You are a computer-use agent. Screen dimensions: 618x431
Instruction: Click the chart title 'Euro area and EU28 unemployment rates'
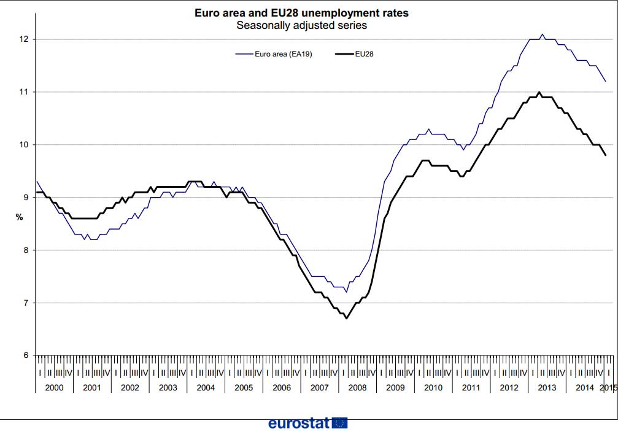[301, 13]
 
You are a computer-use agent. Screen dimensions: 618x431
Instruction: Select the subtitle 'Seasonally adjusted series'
[301, 26]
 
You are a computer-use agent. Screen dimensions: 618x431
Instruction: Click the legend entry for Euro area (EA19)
[274, 54]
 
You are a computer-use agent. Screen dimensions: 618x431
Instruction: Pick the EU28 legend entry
[354, 54]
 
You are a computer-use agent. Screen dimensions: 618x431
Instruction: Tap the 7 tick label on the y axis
[26, 303]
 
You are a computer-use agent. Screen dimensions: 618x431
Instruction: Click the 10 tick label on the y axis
[24, 145]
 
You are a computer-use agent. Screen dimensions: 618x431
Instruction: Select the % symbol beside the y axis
[19, 217]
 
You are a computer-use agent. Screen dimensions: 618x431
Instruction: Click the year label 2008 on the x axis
[357, 387]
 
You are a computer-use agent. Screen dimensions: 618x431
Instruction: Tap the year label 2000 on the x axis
[55, 387]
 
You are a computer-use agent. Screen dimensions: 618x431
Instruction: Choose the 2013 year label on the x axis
[547, 387]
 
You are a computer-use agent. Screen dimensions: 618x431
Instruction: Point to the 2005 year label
[244, 387]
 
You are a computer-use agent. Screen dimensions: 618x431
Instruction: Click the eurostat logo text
[299, 423]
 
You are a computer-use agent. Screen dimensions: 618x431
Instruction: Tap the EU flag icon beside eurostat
[340, 423]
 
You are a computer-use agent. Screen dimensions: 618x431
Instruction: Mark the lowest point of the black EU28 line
[347, 318]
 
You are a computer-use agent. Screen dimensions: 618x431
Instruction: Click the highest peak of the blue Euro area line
[543, 34]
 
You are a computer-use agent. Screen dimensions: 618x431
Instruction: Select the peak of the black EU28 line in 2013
[539, 92]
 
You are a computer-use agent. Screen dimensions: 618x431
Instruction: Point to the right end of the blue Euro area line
[605, 81]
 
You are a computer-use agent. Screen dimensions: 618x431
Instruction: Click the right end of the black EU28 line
[605, 155]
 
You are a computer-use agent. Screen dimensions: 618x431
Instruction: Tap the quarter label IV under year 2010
[448, 373]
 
